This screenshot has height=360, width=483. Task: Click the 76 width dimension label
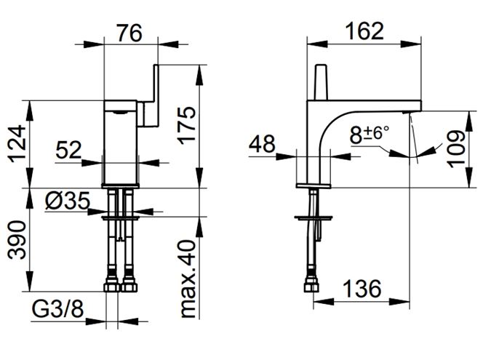(129, 33)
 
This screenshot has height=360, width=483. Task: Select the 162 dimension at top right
(364, 31)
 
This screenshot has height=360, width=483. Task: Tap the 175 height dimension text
(187, 125)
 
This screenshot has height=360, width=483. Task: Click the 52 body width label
(68, 150)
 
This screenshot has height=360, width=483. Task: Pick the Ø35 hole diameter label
(68, 201)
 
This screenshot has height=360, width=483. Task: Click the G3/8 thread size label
(57, 309)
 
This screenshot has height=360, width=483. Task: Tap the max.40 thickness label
(187, 279)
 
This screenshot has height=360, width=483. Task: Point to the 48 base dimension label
(262, 143)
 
